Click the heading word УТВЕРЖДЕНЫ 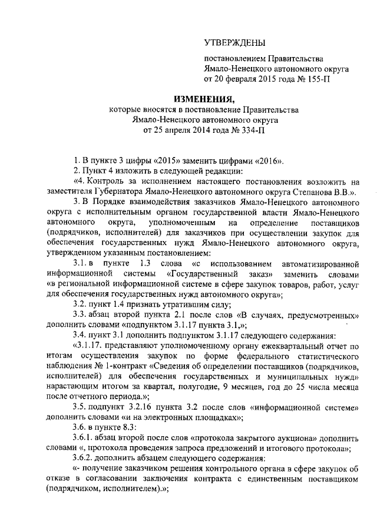tap(234, 42)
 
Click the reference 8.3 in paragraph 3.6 tap(128, 430)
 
